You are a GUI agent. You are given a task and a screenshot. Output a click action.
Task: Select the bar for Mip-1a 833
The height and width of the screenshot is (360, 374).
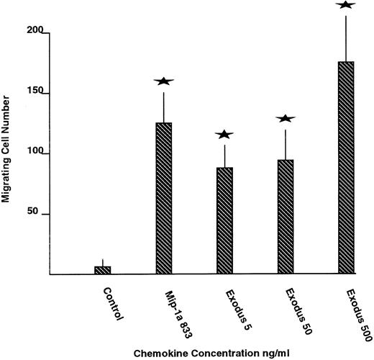point(164,198)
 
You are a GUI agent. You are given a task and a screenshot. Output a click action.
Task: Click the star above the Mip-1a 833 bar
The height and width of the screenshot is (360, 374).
point(164,81)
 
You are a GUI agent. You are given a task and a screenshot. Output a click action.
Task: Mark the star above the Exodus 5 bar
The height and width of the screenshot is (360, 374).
point(224,134)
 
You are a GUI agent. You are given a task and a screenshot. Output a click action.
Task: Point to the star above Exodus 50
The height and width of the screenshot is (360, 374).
point(286,118)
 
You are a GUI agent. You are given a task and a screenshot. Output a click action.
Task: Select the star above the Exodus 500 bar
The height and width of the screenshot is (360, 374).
point(346,5)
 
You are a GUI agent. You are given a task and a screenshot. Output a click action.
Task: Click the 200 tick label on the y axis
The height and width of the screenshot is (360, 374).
point(37,32)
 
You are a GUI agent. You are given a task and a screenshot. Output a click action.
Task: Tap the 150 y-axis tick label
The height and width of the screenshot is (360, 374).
point(37,93)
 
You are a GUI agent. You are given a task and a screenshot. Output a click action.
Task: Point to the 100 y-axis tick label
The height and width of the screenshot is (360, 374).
point(37,153)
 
